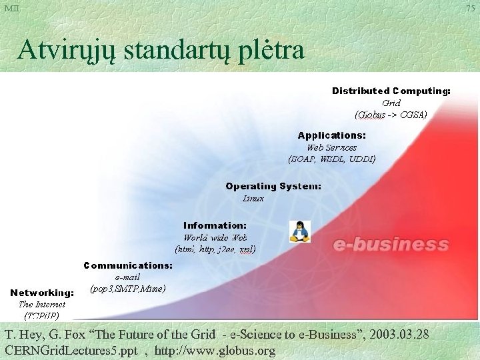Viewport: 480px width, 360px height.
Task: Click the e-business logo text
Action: coord(391,245)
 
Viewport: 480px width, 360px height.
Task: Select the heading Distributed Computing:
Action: coord(391,91)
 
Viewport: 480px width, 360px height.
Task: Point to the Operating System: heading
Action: coord(273,186)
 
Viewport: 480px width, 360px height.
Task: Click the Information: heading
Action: coord(215,225)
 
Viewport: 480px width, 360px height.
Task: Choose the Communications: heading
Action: coord(128,265)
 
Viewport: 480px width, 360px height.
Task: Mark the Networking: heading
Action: coord(42,293)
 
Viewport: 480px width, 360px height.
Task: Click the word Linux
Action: coord(253,198)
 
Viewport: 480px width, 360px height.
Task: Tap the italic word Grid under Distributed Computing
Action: coord(391,103)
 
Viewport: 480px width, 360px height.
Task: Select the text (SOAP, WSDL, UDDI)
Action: coord(331,159)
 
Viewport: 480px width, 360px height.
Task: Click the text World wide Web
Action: coord(215,237)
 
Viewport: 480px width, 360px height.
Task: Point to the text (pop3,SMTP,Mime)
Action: coord(127,289)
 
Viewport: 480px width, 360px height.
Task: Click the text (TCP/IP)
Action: coord(42,315)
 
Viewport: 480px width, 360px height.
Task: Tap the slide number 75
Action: coord(471,8)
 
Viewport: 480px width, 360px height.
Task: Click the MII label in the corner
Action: coord(11,8)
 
